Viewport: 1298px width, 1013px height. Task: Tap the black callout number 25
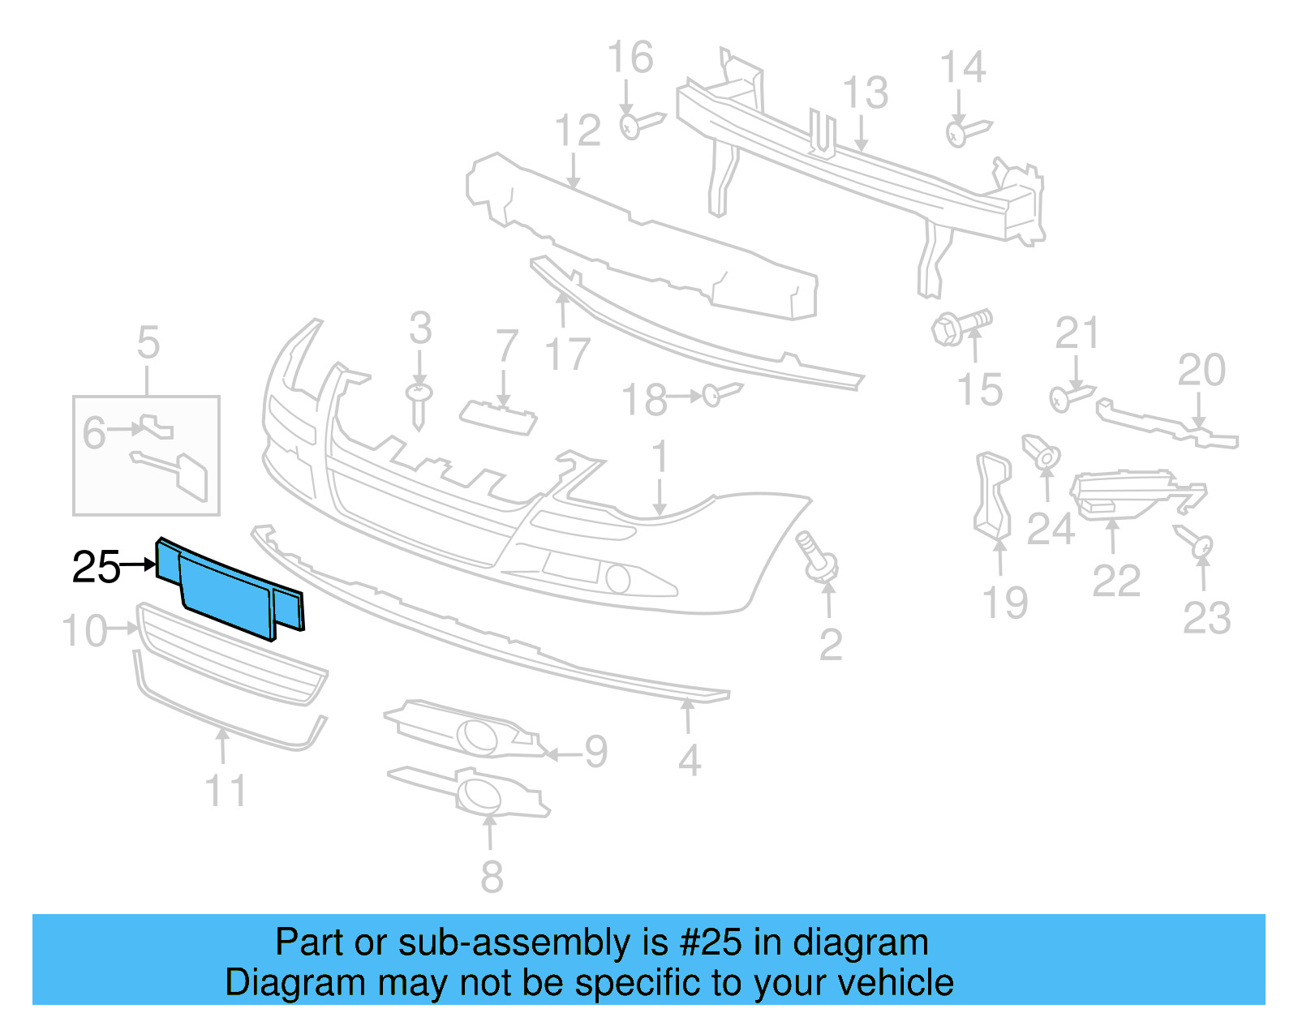[96, 567]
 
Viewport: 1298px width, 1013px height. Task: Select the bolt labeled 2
[819, 557]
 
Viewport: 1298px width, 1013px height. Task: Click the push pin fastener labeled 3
[419, 404]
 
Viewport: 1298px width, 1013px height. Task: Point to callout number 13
[866, 92]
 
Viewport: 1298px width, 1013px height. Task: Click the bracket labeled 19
[993, 496]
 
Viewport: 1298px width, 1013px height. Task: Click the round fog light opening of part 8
[479, 794]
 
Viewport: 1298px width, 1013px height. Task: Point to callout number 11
[226, 791]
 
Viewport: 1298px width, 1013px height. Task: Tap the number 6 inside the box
[94, 432]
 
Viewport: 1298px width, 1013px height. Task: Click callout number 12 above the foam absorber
[578, 131]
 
